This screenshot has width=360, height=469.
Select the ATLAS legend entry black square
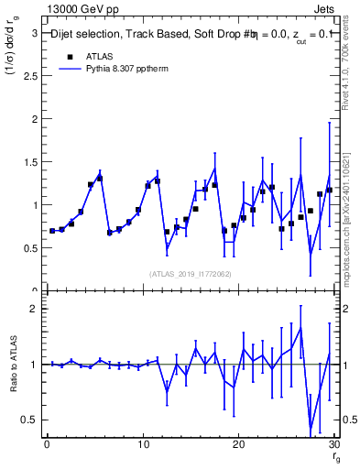(x=70, y=56)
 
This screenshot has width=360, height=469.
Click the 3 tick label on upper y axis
(x=34, y=33)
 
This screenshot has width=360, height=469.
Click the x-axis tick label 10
(x=142, y=444)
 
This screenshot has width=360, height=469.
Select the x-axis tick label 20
(x=238, y=444)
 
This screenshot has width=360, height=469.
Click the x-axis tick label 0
(x=47, y=444)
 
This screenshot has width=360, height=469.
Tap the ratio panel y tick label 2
(x=34, y=309)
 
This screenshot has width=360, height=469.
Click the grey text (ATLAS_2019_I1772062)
(x=189, y=274)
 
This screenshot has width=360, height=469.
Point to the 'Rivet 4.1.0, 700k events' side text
(x=352, y=55)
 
